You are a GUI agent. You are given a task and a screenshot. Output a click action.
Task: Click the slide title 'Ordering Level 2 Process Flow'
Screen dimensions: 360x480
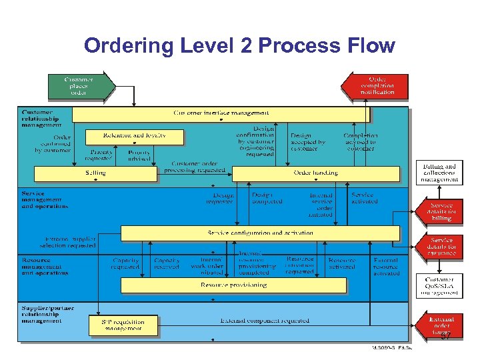pyautogui.click(x=239, y=46)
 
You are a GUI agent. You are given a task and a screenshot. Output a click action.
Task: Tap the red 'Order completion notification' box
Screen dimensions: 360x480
pyautogui.click(x=375, y=85)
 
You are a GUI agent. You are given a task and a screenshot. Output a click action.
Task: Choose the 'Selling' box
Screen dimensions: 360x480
pyautogui.click(x=95, y=173)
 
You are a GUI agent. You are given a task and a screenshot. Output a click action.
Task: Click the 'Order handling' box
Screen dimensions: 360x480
pyautogui.click(x=316, y=173)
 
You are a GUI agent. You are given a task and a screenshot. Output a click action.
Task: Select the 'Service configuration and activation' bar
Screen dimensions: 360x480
pyautogui.click(x=260, y=233)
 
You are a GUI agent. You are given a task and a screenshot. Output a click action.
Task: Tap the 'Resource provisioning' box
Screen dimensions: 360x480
pyautogui.click(x=233, y=285)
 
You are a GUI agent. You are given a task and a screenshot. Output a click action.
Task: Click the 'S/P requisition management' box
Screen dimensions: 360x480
pyautogui.click(x=125, y=325)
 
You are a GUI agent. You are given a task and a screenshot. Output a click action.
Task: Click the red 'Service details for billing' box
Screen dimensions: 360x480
pyautogui.click(x=439, y=212)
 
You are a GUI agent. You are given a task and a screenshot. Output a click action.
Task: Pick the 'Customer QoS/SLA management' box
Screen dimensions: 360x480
pyautogui.click(x=440, y=286)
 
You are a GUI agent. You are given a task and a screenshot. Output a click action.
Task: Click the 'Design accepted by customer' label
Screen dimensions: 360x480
pyautogui.click(x=308, y=142)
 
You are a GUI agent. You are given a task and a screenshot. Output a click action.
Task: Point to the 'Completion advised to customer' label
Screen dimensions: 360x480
pyautogui.click(x=360, y=142)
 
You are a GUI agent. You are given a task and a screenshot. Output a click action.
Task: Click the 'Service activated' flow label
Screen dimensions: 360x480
pyautogui.click(x=363, y=198)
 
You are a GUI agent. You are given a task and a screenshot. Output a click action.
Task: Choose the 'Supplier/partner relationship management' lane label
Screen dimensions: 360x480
pyautogui.click(x=47, y=314)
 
